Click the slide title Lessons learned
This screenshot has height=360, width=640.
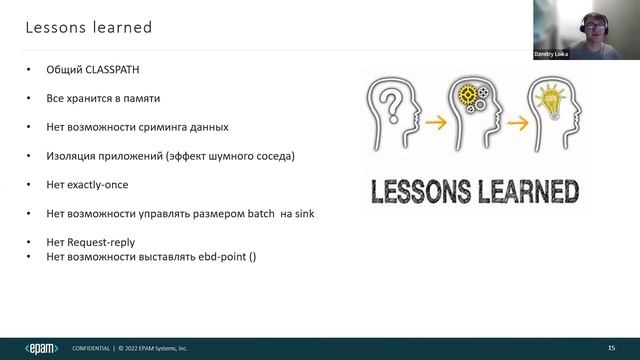coord(88,27)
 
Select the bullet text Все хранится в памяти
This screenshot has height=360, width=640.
coord(103,98)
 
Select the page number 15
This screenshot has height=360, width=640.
coord(611,347)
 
